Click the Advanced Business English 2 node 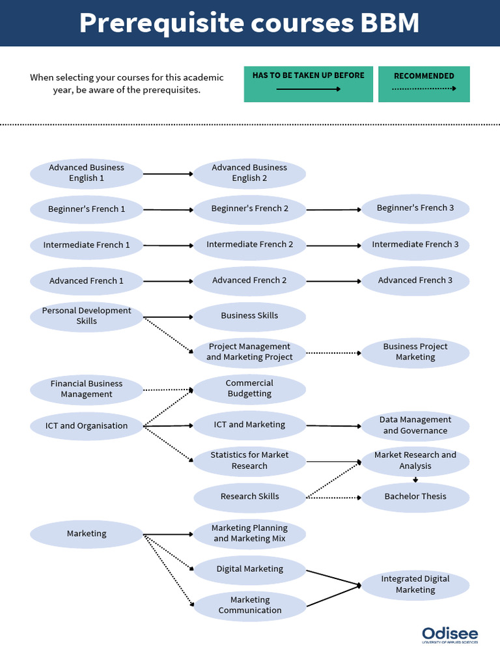coord(249,173)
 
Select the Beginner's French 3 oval coord(415,208)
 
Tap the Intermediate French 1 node coord(87,245)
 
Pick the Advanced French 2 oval coord(249,280)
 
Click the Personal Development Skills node coord(87,316)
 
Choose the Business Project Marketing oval coord(415,352)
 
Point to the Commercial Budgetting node coord(249,388)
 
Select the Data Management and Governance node coord(415,425)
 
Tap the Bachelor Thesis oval coord(415,496)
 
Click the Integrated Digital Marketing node coord(415,584)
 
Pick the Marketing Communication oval coord(249,605)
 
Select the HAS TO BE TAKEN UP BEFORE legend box coord(309,84)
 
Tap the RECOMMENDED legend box coord(424,84)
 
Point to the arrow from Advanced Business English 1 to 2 coord(168,174)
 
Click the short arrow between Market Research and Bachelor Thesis coord(415,480)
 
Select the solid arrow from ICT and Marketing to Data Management coord(333,426)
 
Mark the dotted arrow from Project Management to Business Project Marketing coord(333,353)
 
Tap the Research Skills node coord(249,496)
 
